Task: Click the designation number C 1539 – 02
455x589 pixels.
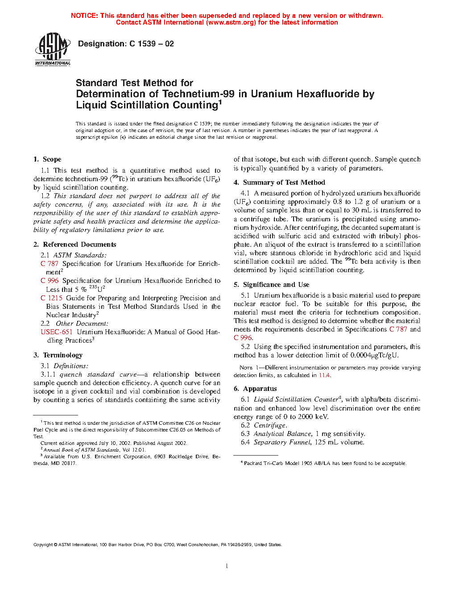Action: pos(151,44)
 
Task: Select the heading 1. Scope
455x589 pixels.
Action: pos(47,159)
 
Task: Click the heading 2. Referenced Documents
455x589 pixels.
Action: pos(74,245)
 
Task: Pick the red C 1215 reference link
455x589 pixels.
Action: pos(51,298)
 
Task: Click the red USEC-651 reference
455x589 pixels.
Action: pos(56,332)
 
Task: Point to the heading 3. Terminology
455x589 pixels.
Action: pos(58,355)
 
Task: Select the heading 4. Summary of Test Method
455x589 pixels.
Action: pos(279,183)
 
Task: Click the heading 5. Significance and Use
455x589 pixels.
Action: pos(271,285)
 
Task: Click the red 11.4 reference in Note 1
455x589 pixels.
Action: pos(324,375)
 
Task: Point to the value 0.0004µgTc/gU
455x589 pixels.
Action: pos(374,356)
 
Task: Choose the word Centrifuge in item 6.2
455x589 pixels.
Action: pos(270,425)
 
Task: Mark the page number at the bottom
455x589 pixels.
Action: pos(227,566)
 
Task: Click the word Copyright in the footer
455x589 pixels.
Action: pos(43,544)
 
